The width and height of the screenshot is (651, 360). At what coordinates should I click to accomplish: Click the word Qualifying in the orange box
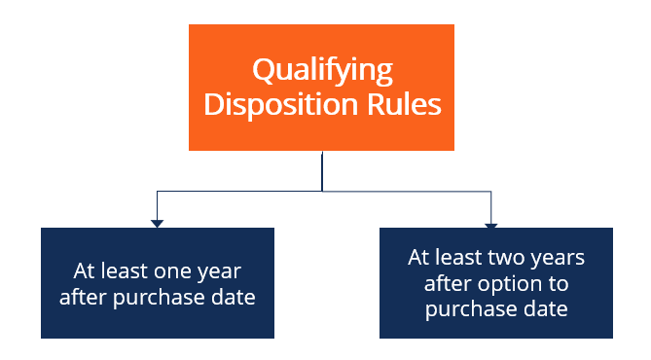(x=322, y=70)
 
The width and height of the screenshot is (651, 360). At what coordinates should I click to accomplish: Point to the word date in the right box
(x=548, y=308)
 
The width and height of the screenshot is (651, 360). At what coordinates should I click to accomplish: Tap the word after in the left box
(x=83, y=298)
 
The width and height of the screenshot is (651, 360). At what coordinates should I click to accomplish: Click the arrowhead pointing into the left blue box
(x=157, y=224)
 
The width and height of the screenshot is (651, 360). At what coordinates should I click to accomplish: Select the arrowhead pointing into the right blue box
(x=491, y=225)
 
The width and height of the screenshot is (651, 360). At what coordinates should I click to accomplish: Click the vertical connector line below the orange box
(x=322, y=170)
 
